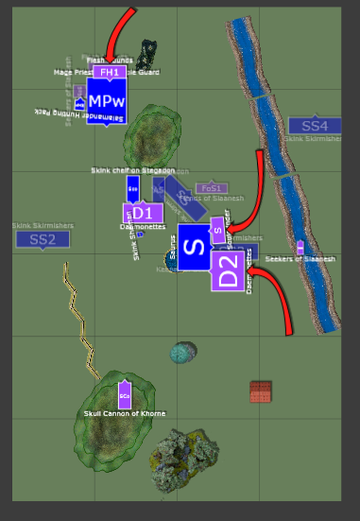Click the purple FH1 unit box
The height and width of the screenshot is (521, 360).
109,72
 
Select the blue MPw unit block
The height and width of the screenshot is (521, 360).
107,101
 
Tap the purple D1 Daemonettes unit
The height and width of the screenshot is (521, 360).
142,213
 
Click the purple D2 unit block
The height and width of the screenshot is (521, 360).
227,270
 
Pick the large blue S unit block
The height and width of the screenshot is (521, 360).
193,248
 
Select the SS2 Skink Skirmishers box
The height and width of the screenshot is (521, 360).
43,239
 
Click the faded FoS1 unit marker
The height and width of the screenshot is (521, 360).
211,188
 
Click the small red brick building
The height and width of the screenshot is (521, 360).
261,391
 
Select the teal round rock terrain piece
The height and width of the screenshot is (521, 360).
183,353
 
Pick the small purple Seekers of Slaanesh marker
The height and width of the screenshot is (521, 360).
300,247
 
